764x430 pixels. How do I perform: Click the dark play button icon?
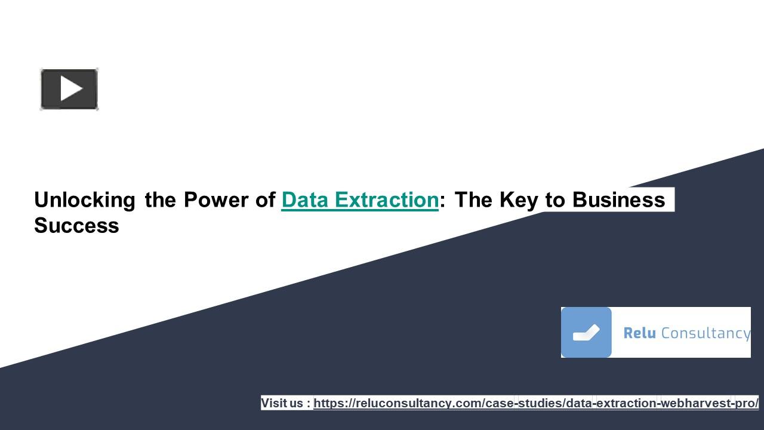pyautogui.click(x=69, y=89)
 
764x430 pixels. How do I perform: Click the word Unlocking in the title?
pyautogui.click(x=84, y=199)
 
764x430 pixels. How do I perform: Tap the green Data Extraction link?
pyautogui.click(x=360, y=199)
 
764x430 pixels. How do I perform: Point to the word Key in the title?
pyautogui.click(x=519, y=199)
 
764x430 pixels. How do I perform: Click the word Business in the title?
pyautogui.click(x=618, y=199)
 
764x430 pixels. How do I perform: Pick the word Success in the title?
pyautogui.click(x=76, y=226)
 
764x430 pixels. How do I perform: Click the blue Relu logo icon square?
pyautogui.click(x=586, y=333)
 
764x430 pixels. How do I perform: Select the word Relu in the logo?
pyautogui.click(x=639, y=333)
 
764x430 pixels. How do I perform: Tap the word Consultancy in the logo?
pyautogui.click(x=706, y=333)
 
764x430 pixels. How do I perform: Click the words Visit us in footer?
pyautogui.click(x=282, y=403)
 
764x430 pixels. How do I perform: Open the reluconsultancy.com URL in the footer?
pyautogui.click(x=535, y=403)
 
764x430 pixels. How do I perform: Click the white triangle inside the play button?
pyautogui.click(x=71, y=89)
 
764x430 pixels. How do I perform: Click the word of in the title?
pyautogui.click(x=265, y=199)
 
